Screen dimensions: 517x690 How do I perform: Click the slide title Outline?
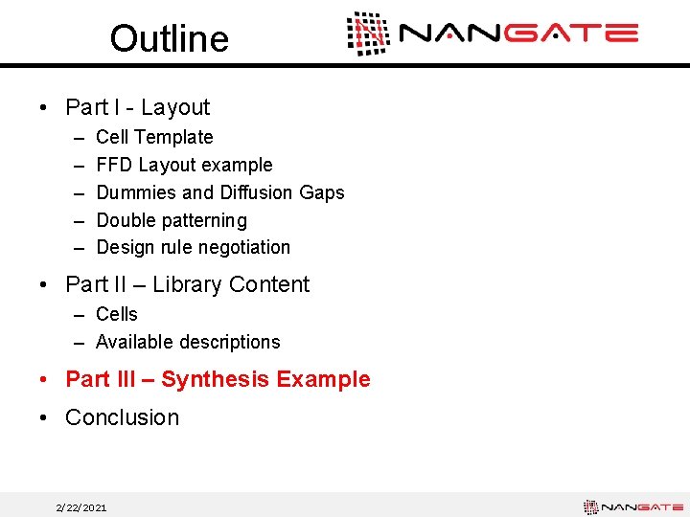tap(169, 38)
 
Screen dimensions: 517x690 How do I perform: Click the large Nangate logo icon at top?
tap(368, 34)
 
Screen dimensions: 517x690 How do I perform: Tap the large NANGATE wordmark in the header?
tap(518, 34)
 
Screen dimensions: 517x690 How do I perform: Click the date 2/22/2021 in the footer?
tap(81, 507)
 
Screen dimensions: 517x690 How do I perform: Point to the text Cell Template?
tap(154, 138)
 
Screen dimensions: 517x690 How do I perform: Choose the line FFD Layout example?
tap(184, 166)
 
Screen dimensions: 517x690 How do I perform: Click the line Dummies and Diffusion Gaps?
tap(219, 192)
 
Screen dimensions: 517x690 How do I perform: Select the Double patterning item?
tap(171, 220)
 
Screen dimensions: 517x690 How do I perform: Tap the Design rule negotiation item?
tap(193, 247)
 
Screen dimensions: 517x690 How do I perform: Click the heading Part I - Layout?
tap(137, 107)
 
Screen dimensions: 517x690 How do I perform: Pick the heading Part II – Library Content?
tap(187, 284)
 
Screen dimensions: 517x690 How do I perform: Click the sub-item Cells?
tap(117, 314)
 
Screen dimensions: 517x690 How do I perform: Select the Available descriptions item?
tap(188, 342)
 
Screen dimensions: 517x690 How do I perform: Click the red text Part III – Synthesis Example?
tap(217, 379)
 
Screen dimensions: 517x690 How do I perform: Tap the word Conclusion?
tap(122, 417)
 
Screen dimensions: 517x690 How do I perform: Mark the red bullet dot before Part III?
tap(46, 380)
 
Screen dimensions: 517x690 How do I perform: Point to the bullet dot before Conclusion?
tap(46, 418)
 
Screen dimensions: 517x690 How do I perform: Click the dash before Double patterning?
tap(76, 220)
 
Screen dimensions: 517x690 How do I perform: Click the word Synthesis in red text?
tap(215, 379)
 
